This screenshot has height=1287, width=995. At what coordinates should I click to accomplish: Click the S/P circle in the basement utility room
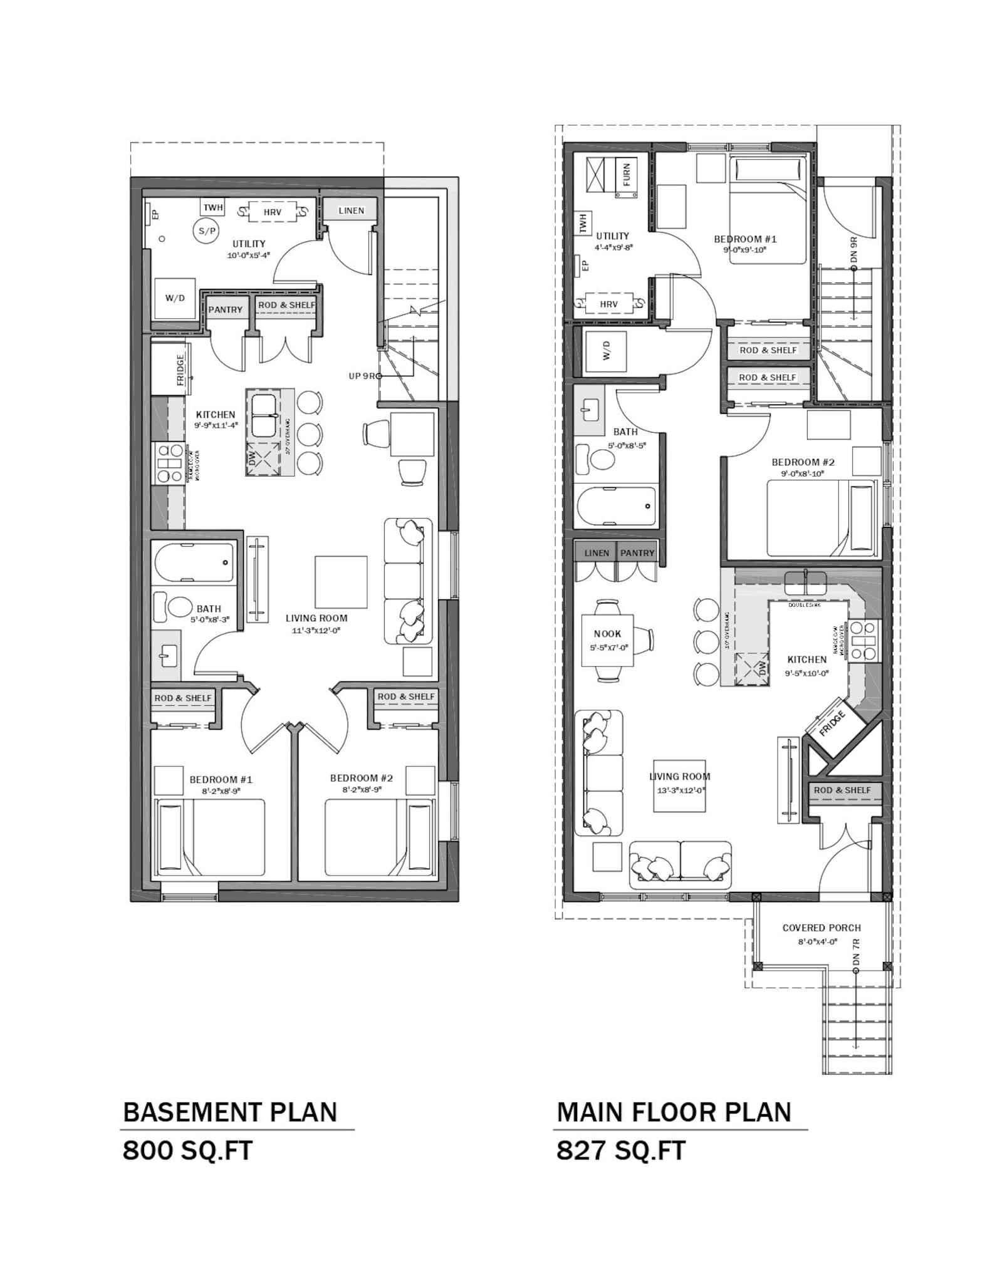point(206,231)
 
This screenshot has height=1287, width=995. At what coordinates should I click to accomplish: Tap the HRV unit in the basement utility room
point(272,212)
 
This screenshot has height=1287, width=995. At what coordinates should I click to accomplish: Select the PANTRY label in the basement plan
point(225,309)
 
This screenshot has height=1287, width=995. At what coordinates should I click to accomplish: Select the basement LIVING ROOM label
point(316,618)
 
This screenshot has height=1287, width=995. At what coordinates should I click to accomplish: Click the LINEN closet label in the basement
point(351,210)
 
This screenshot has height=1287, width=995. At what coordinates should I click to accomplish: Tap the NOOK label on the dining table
point(607,634)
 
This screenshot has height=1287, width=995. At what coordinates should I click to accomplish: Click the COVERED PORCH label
point(821,928)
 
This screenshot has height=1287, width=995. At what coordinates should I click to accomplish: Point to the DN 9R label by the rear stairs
point(855,250)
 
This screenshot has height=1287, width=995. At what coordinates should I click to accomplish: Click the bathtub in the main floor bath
point(616,506)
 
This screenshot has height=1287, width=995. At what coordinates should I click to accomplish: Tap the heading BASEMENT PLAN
point(230,1112)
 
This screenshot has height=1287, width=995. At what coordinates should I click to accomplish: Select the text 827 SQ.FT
point(621,1150)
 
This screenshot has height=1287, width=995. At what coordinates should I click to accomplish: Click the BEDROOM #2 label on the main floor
point(803,462)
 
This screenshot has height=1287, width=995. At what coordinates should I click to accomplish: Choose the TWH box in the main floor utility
point(583,223)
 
